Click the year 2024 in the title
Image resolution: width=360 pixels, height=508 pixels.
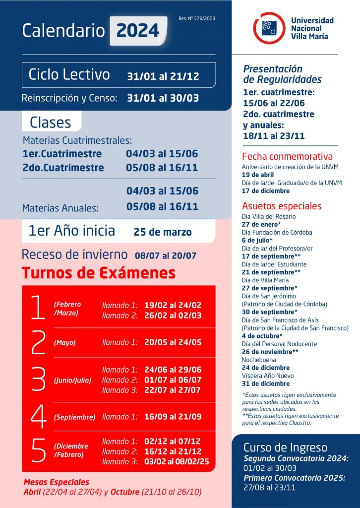click(138, 31)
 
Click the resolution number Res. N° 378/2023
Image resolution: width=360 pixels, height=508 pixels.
click(197, 18)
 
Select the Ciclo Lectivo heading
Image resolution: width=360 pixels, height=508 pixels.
click(69, 75)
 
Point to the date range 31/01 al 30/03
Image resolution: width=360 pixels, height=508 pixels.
click(163, 98)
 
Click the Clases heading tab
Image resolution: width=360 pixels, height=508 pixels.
click(51, 122)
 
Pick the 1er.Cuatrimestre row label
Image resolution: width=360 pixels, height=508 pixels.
click(62, 154)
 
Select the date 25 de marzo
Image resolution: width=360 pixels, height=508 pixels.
click(163, 232)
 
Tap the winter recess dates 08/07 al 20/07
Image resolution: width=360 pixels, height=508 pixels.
click(166, 256)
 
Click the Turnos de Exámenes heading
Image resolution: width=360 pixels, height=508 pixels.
click(98, 273)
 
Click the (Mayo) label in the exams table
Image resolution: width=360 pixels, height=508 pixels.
click(64, 342)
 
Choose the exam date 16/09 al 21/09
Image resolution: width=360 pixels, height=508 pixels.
click(173, 417)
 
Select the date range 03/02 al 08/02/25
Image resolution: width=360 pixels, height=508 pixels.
click(177, 461)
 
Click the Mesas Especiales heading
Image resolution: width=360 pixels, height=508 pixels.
click(57, 482)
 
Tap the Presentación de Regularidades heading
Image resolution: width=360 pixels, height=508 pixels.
click(282, 74)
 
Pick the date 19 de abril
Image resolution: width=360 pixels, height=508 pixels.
click(258, 175)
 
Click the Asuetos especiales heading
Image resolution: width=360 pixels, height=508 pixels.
click(282, 206)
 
